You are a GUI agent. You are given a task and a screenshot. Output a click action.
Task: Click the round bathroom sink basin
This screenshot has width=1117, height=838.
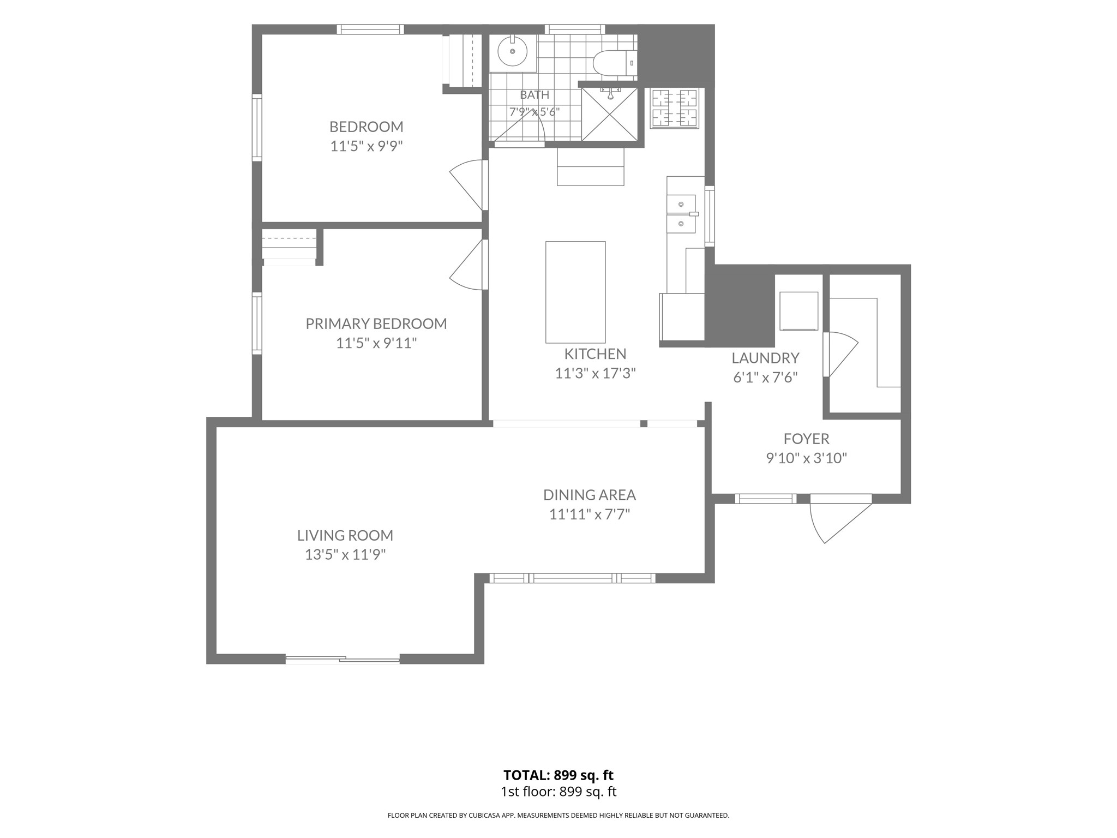click(x=512, y=52)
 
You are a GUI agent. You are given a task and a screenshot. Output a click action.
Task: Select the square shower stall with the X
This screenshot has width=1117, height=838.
click(x=609, y=114)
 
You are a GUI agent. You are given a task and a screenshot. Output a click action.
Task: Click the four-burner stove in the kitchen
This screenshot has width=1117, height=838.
click(x=675, y=109)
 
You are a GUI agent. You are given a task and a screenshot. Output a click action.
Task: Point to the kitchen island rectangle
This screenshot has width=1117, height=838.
click(x=575, y=292)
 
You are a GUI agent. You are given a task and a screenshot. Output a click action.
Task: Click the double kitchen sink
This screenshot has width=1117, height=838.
click(x=681, y=214)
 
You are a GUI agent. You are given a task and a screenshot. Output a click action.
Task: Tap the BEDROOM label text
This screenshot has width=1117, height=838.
click(x=367, y=127)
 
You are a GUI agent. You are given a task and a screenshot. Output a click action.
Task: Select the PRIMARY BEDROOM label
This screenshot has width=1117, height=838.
click(x=376, y=324)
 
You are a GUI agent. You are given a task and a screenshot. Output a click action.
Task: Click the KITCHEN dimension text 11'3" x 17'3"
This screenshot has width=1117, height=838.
click(x=596, y=374)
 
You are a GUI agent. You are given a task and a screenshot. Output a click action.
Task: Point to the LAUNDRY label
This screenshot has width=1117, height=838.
click(x=765, y=358)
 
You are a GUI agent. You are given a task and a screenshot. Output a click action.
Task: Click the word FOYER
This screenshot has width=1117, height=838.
click(x=807, y=439)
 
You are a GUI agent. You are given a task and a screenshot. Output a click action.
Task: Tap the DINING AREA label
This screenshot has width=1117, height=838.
click(x=590, y=495)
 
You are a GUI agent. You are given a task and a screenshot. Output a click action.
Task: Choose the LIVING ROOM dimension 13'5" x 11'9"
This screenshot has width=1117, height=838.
click(x=345, y=555)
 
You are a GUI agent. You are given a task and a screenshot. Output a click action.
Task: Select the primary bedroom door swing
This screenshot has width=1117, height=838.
click(x=468, y=265)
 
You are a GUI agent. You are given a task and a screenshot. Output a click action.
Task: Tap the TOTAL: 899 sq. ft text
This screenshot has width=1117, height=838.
click(x=558, y=775)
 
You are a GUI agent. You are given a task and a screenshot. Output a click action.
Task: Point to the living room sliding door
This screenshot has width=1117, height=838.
click(x=343, y=660)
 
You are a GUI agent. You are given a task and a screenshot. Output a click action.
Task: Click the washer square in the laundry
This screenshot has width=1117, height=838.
click(x=799, y=311)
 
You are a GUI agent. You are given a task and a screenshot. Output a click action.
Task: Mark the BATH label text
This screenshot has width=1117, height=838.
click(x=535, y=95)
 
